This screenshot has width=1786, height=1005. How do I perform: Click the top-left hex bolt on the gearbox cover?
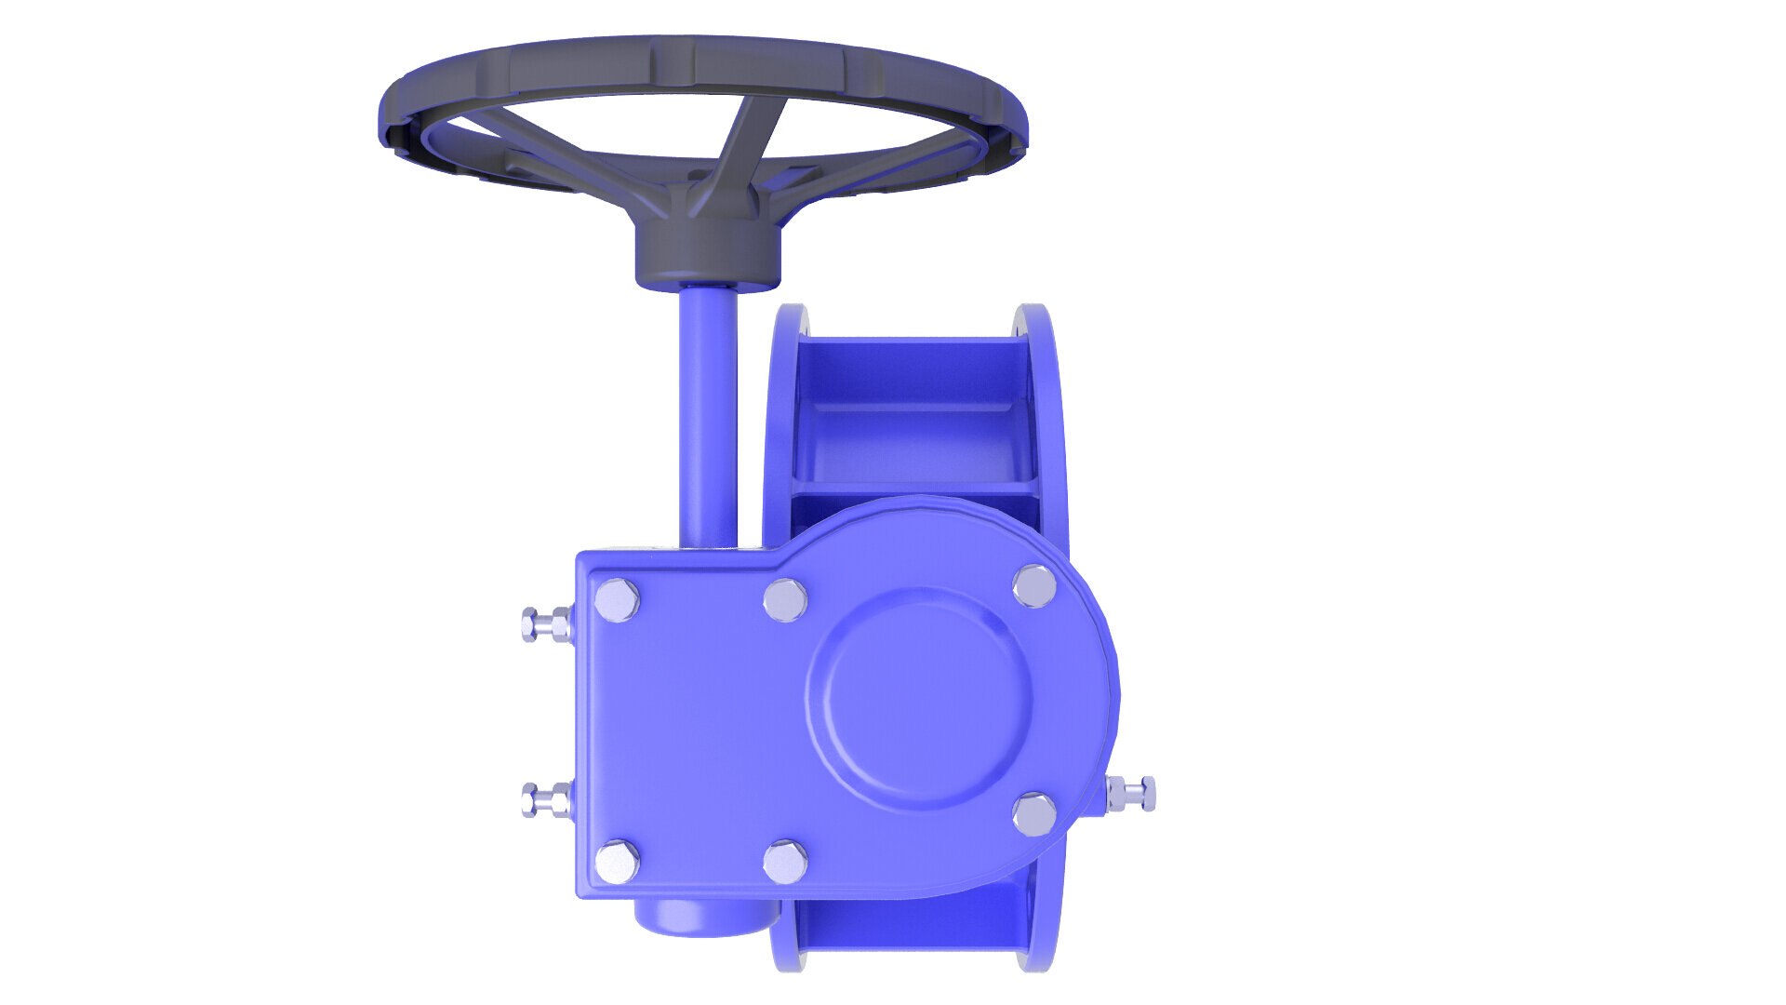pyautogui.click(x=617, y=600)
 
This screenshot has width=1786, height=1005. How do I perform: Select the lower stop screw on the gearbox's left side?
pyautogui.click(x=545, y=798)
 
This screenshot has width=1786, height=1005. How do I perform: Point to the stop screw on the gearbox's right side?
pyautogui.click(x=1132, y=794)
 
